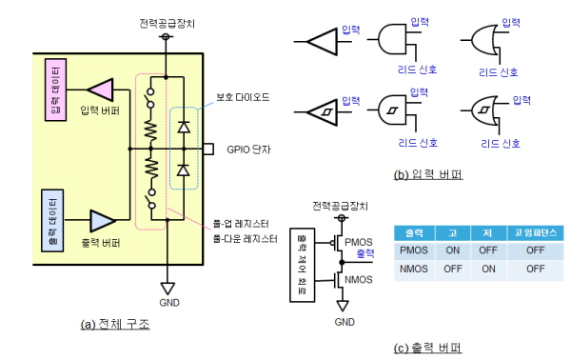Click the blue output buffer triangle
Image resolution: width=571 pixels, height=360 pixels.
point(102,220)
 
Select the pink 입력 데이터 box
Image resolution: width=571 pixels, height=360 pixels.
point(56,90)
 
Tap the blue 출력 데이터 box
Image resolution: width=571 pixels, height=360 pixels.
point(52,221)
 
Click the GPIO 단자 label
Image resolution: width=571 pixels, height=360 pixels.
point(248,150)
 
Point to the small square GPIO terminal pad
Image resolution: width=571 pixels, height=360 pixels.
point(207,149)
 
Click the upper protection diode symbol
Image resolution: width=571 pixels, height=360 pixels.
point(184,128)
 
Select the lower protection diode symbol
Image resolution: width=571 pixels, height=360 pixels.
point(184,170)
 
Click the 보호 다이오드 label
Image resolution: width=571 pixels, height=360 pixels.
point(243,97)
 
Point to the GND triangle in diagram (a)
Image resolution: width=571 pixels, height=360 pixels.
point(167,289)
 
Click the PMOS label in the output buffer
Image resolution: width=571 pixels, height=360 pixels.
point(359,242)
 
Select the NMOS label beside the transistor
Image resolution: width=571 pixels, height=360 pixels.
point(359,280)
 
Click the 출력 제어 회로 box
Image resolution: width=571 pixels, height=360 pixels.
point(303,266)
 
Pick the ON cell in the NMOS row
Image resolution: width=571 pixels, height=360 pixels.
point(488,269)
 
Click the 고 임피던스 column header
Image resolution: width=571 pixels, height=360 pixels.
point(535,232)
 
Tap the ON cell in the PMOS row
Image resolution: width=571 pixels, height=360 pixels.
point(453,250)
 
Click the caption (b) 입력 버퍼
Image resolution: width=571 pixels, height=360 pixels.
point(428,175)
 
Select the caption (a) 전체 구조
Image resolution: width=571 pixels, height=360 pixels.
point(115,324)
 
